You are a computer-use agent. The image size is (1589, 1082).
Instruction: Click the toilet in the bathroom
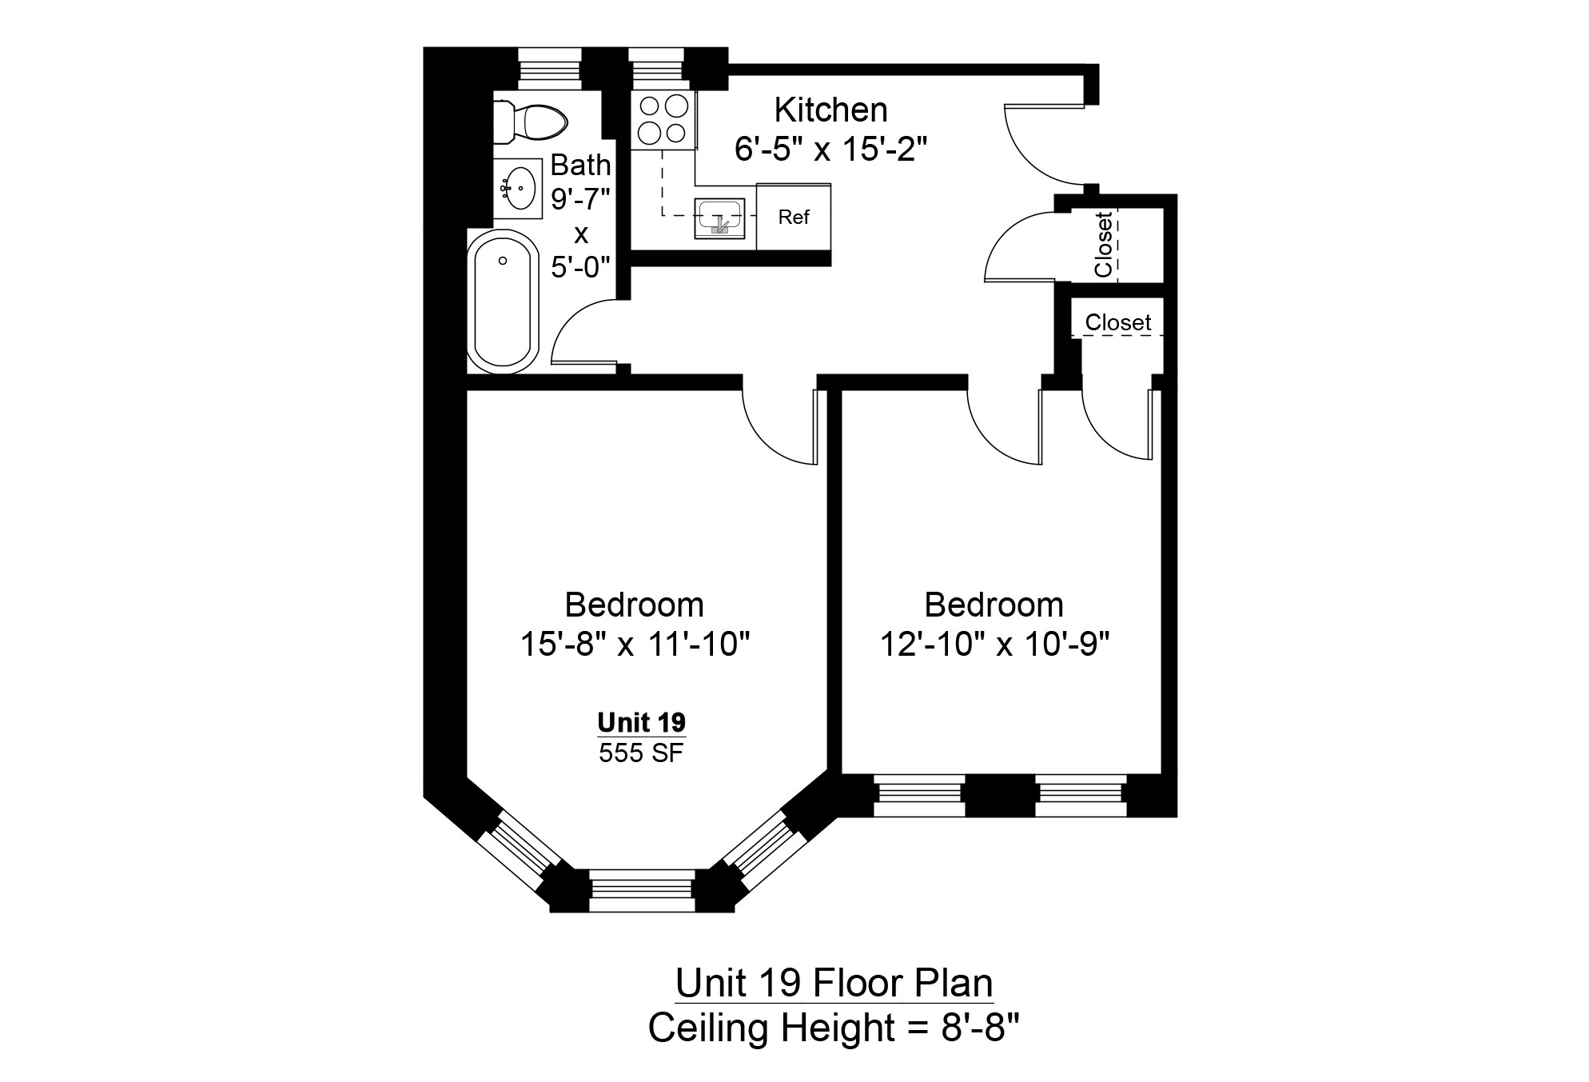point(530,122)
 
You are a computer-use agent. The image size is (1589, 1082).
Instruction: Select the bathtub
point(503,302)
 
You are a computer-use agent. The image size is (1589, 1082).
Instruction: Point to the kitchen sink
point(719,218)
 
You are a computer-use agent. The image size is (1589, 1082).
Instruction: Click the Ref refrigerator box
point(794,218)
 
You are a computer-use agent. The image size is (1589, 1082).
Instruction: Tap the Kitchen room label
point(830,110)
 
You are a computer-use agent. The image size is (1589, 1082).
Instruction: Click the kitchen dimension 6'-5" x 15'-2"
point(830,149)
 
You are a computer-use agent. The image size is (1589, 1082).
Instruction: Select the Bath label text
point(580,165)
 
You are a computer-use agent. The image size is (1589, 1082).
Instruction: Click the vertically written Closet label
point(1104,244)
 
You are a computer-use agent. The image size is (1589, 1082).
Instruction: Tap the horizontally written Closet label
point(1117,322)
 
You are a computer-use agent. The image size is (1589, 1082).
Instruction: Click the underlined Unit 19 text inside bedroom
point(641,722)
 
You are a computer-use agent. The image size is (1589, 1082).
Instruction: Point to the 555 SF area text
point(641,753)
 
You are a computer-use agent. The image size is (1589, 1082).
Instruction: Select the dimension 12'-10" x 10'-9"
point(994,644)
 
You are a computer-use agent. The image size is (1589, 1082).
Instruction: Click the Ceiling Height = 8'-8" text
point(834,1028)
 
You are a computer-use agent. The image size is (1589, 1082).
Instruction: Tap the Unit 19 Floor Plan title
point(834,983)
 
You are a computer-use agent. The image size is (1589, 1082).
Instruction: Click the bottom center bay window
point(641,891)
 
